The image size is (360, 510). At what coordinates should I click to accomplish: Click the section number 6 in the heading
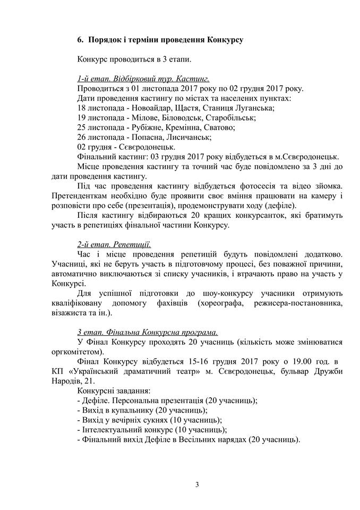(x=80, y=39)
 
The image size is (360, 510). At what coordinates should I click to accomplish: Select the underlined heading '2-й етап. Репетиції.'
(x=114, y=245)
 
